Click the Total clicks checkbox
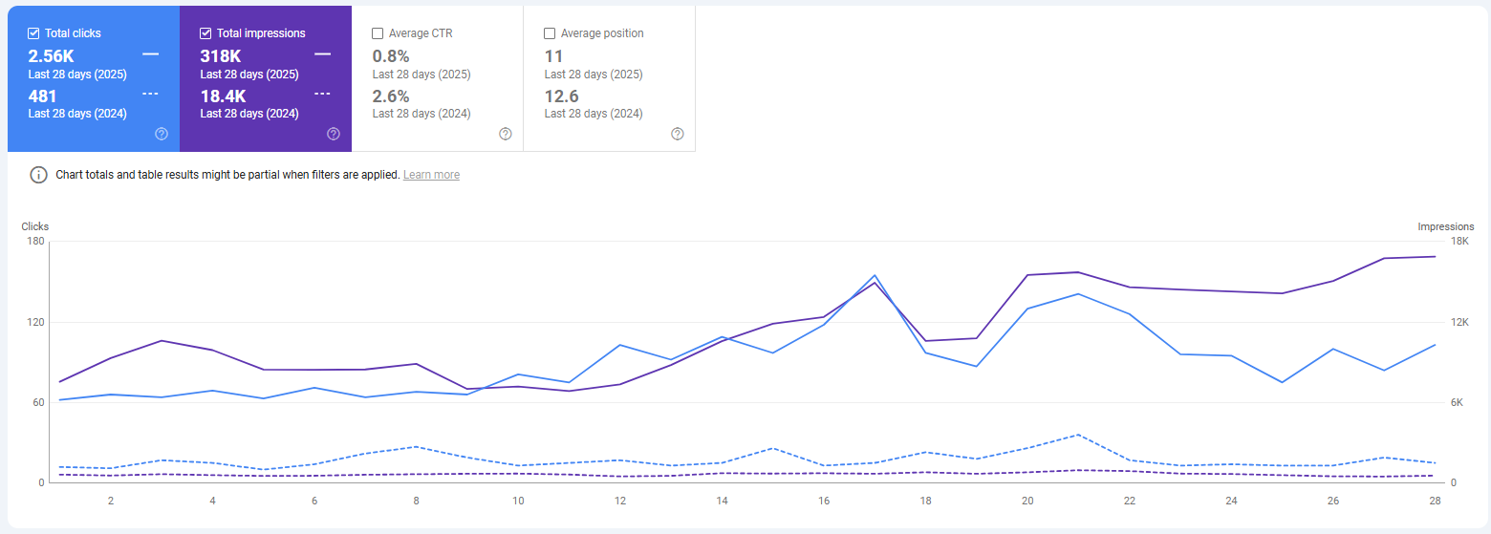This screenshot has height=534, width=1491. point(34,33)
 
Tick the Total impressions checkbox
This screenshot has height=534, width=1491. point(206,33)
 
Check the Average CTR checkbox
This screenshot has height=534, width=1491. point(378,33)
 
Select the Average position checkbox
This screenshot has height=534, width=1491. point(550,33)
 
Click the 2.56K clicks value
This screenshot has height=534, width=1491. point(51,56)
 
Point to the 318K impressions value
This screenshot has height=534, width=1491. point(220,56)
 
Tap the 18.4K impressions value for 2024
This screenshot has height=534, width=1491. point(223,96)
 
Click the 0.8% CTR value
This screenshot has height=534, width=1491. point(390,56)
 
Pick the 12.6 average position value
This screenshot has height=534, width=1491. point(561,96)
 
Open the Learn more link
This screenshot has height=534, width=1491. point(431,175)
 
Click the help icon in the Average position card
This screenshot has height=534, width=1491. point(678,134)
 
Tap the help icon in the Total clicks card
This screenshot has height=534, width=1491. point(162,134)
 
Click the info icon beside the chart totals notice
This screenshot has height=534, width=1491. point(38,175)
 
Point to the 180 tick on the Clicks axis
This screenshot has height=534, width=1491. point(35,241)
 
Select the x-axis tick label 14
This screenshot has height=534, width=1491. point(722,501)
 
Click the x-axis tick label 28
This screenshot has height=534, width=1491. point(1435,501)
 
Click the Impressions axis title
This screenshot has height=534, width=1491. point(1445,226)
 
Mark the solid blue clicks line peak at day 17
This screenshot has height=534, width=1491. point(875,275)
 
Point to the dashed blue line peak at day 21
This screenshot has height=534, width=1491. point(1078,435)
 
